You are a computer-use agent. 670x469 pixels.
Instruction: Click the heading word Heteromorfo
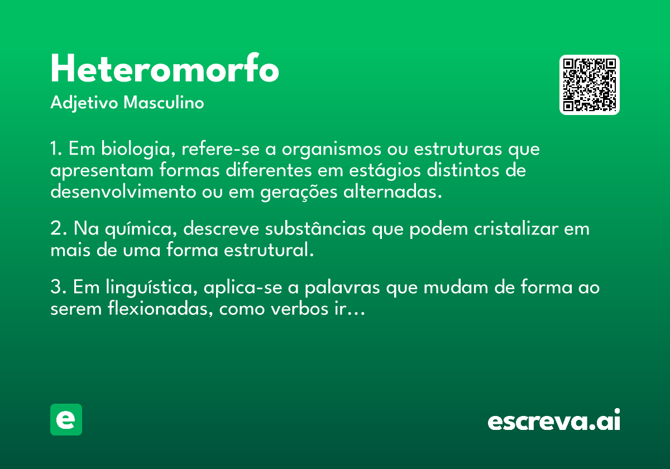[x=165, y=69]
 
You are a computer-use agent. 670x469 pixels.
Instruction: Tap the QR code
[x=589, y=85]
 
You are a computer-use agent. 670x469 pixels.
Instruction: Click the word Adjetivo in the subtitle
[x=84, y=103]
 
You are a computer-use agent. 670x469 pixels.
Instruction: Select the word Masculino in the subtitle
[x=164, y=102]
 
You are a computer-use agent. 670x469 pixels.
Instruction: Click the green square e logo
[x=66, y=419]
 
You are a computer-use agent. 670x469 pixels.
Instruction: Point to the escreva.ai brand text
[x=554, y=419]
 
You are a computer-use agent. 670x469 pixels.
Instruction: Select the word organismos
[x=332, y=149]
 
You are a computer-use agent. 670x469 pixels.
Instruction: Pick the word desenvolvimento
[x=123, y=192]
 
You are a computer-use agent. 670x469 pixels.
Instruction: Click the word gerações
[x=299, y=192]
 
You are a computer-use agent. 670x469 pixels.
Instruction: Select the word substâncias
[x=315, y=228]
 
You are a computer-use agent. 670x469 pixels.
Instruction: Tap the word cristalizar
[x=516, y=228]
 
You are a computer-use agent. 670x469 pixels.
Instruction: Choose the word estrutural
[x=269, y=250]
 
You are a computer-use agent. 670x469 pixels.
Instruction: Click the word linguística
[x=151, y=288]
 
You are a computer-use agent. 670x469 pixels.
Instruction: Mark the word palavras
[x=342, y=288]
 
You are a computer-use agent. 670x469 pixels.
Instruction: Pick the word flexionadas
[x=160, y=308]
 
